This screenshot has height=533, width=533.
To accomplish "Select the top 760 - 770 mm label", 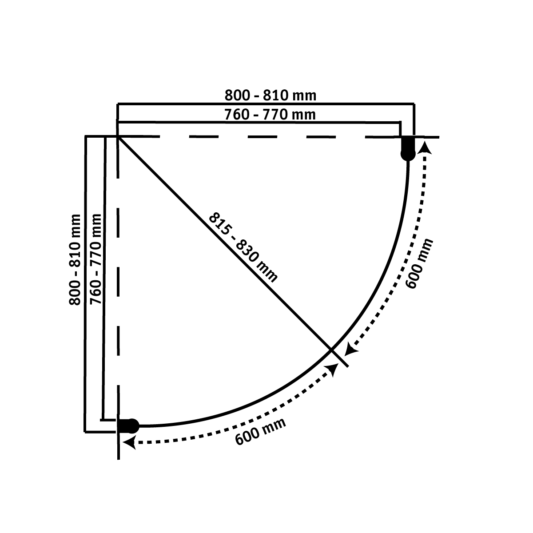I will click(270, 115).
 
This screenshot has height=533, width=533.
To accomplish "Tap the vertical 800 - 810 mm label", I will click(75, 260).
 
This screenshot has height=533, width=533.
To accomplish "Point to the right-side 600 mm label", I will click(419, 264).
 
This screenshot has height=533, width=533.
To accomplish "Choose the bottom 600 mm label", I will click(260, 431).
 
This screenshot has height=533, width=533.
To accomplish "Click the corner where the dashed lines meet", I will click(118, 137).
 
